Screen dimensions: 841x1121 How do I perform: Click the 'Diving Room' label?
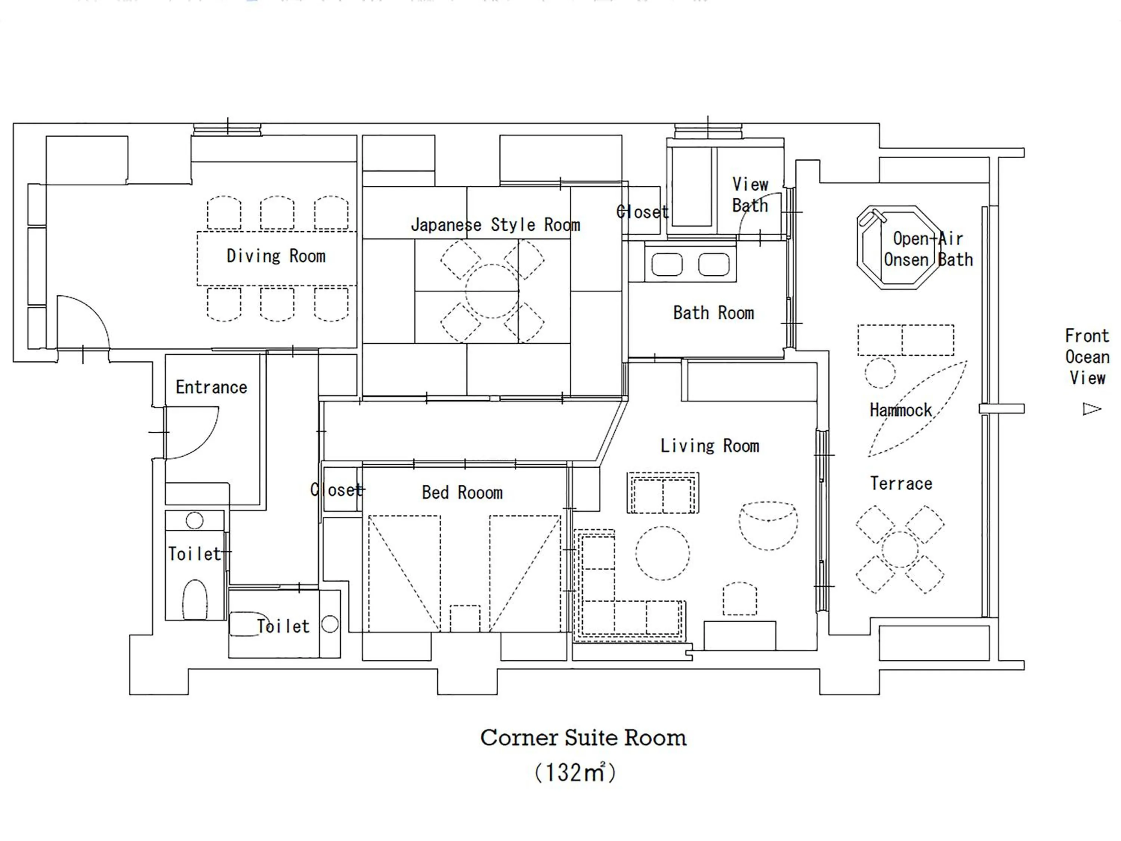click(276, 256)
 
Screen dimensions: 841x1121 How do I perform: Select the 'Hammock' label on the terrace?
click(901, 410)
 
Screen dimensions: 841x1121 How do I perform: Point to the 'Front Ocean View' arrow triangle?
click(1091, 409)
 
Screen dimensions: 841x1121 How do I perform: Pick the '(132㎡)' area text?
click(575, 773)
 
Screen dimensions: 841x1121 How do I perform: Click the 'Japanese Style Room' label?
click(495, 225)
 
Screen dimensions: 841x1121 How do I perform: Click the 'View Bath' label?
click(750, 195)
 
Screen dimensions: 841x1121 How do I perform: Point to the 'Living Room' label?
click(710, 446)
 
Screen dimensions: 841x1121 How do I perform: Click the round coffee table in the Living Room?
click(663, 553)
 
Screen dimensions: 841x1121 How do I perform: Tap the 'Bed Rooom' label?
click(462, 492)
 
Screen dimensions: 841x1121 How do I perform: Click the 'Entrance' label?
click(211, 387)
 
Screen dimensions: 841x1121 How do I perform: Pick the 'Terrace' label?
click(901, 483)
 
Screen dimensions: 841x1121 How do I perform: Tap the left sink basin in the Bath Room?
click(667, 265)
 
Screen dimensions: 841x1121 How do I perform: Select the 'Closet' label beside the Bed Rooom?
click(337, 490)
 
